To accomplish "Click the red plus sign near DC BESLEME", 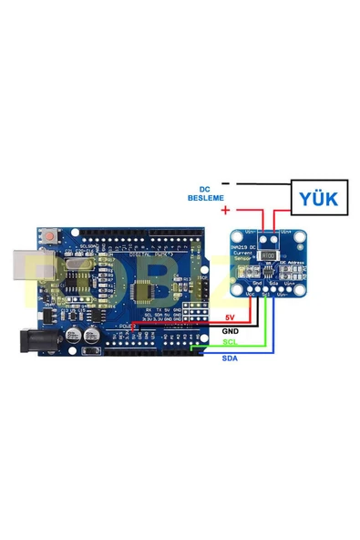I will point(225,211).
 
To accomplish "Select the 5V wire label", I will point(230,317).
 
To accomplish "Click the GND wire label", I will point(230,330).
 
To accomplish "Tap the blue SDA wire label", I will point(230,358).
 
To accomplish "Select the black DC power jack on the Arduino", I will point(17,340).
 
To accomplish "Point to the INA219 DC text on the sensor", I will point(244,254).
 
